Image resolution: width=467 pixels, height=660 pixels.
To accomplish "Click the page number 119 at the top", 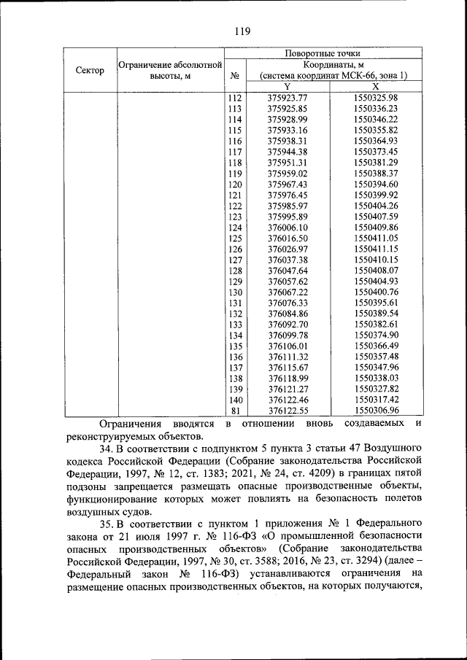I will (242, 31).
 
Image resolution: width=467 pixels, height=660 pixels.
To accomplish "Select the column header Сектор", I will (88, 70).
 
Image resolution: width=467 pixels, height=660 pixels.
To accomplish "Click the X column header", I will (375, 86).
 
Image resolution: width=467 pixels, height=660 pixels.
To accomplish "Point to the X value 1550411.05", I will (375, 238).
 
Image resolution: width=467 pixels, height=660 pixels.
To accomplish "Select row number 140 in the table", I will (235, 400).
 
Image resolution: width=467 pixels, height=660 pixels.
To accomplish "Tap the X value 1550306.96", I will (375, 411).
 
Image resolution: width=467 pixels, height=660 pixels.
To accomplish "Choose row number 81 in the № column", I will (235, 411).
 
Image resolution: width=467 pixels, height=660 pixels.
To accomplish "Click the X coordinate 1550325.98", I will (375, 98).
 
